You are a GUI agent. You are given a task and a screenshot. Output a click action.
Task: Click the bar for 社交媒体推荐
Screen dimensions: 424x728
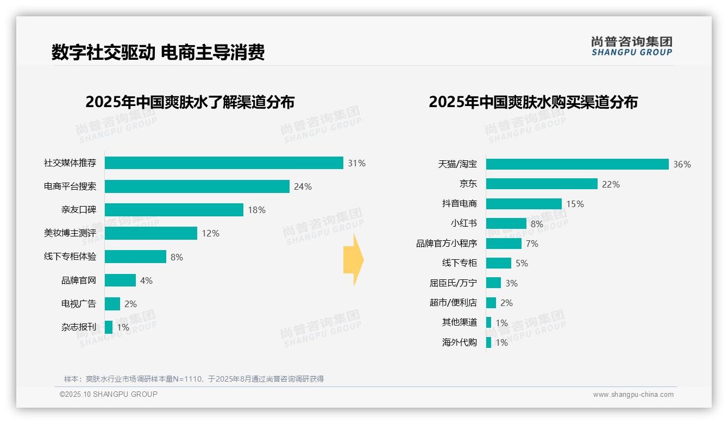224,163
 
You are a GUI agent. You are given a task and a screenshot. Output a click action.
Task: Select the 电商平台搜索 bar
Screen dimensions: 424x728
197,186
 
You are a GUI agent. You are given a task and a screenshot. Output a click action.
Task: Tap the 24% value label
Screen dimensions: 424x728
303,186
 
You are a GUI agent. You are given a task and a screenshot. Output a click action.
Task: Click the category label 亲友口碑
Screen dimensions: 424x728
78,210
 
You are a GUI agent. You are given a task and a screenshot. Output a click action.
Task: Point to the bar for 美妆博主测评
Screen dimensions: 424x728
150,233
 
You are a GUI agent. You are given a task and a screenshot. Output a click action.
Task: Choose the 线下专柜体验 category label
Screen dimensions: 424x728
70,257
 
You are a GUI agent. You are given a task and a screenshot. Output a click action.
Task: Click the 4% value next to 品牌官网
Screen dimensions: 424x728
146,280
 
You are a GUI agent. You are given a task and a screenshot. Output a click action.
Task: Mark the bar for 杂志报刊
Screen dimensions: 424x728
109,327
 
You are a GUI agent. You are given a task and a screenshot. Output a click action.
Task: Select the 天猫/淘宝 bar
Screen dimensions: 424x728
577,164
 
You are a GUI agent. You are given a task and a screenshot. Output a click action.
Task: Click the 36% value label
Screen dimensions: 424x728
682,164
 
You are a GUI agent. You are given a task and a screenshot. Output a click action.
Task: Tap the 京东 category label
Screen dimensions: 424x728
468,184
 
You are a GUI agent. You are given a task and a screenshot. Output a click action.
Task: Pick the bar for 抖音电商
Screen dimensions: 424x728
524,204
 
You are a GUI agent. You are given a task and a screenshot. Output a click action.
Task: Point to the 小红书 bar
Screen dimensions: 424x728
506,223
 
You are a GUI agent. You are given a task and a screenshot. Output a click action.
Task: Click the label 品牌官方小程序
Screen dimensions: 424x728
447,244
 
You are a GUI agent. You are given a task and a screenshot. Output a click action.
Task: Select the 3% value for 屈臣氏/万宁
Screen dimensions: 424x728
511,283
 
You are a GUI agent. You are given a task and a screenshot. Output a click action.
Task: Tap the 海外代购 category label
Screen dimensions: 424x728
459,342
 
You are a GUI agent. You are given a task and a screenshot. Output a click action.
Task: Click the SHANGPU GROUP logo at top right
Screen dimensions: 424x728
631,46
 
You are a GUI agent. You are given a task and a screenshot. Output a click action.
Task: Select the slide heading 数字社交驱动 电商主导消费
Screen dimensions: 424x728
158,53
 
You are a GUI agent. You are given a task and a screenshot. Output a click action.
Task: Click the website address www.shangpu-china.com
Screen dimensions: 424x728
633,395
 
